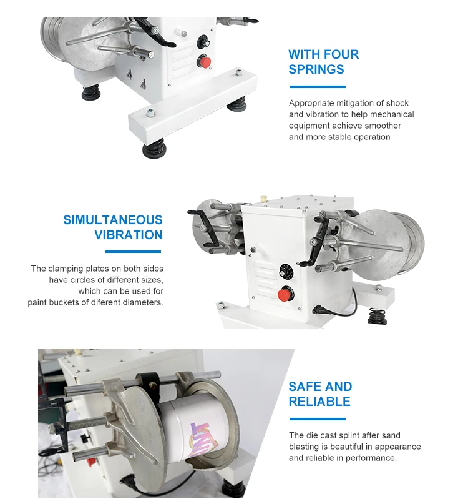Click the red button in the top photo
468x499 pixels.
tap(203, 62)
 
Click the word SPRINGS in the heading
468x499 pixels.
tap(316, 69)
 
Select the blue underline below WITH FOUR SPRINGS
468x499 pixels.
tap(316, 87)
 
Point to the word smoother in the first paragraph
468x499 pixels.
tap(385, 126)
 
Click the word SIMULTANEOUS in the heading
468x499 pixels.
tap(113, 220)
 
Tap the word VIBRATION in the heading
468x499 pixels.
tap(129, 235)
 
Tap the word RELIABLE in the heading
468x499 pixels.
tap(319, 402)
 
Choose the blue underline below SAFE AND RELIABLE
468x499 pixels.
tap(316, 419)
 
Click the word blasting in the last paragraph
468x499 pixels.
tap(305, 447)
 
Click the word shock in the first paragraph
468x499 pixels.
tap(397, 103)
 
